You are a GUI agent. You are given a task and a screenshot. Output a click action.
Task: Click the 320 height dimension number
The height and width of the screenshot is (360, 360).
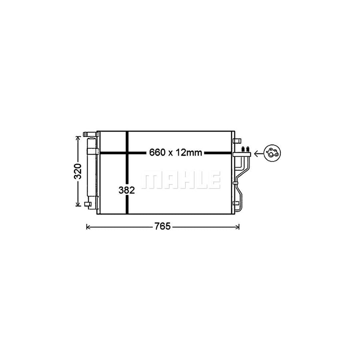click(x=78, y=171)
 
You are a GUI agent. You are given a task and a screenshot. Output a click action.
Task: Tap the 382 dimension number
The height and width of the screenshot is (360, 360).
click(x=127, y=190)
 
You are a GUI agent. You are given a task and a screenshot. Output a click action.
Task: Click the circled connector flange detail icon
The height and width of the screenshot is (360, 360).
click(x=272, y=153)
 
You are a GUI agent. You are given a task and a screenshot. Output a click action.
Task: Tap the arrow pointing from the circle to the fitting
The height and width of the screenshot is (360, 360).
click(x=258, y=152)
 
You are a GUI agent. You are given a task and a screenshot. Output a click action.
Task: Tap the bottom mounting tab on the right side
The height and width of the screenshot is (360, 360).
click(x=237, y=207)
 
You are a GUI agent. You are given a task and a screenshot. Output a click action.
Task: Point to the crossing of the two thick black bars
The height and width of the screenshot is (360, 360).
click(x=127, y=152)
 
